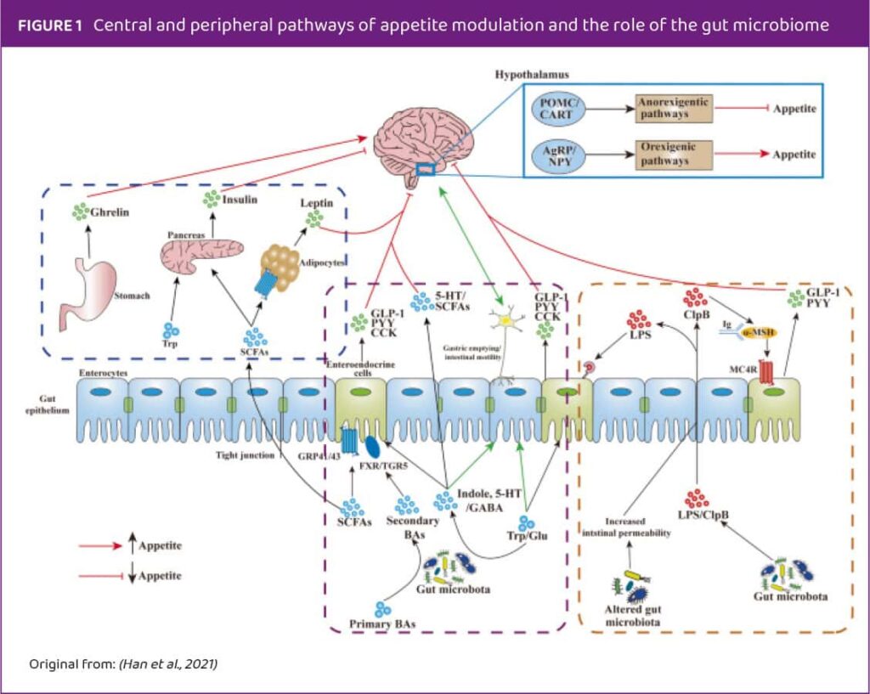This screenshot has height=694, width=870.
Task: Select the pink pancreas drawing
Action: [x=201, y=256]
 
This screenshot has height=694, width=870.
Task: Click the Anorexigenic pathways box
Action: [x=674, y=109]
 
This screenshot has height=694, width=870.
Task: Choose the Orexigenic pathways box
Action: [x=674, y=154]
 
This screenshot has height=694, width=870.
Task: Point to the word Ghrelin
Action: [x=111, y=212]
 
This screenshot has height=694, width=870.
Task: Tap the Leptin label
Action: [x=316, y=205]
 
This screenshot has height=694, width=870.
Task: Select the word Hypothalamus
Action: [x=532, y=75]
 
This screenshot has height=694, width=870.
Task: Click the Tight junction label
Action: [x=243, y=455]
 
